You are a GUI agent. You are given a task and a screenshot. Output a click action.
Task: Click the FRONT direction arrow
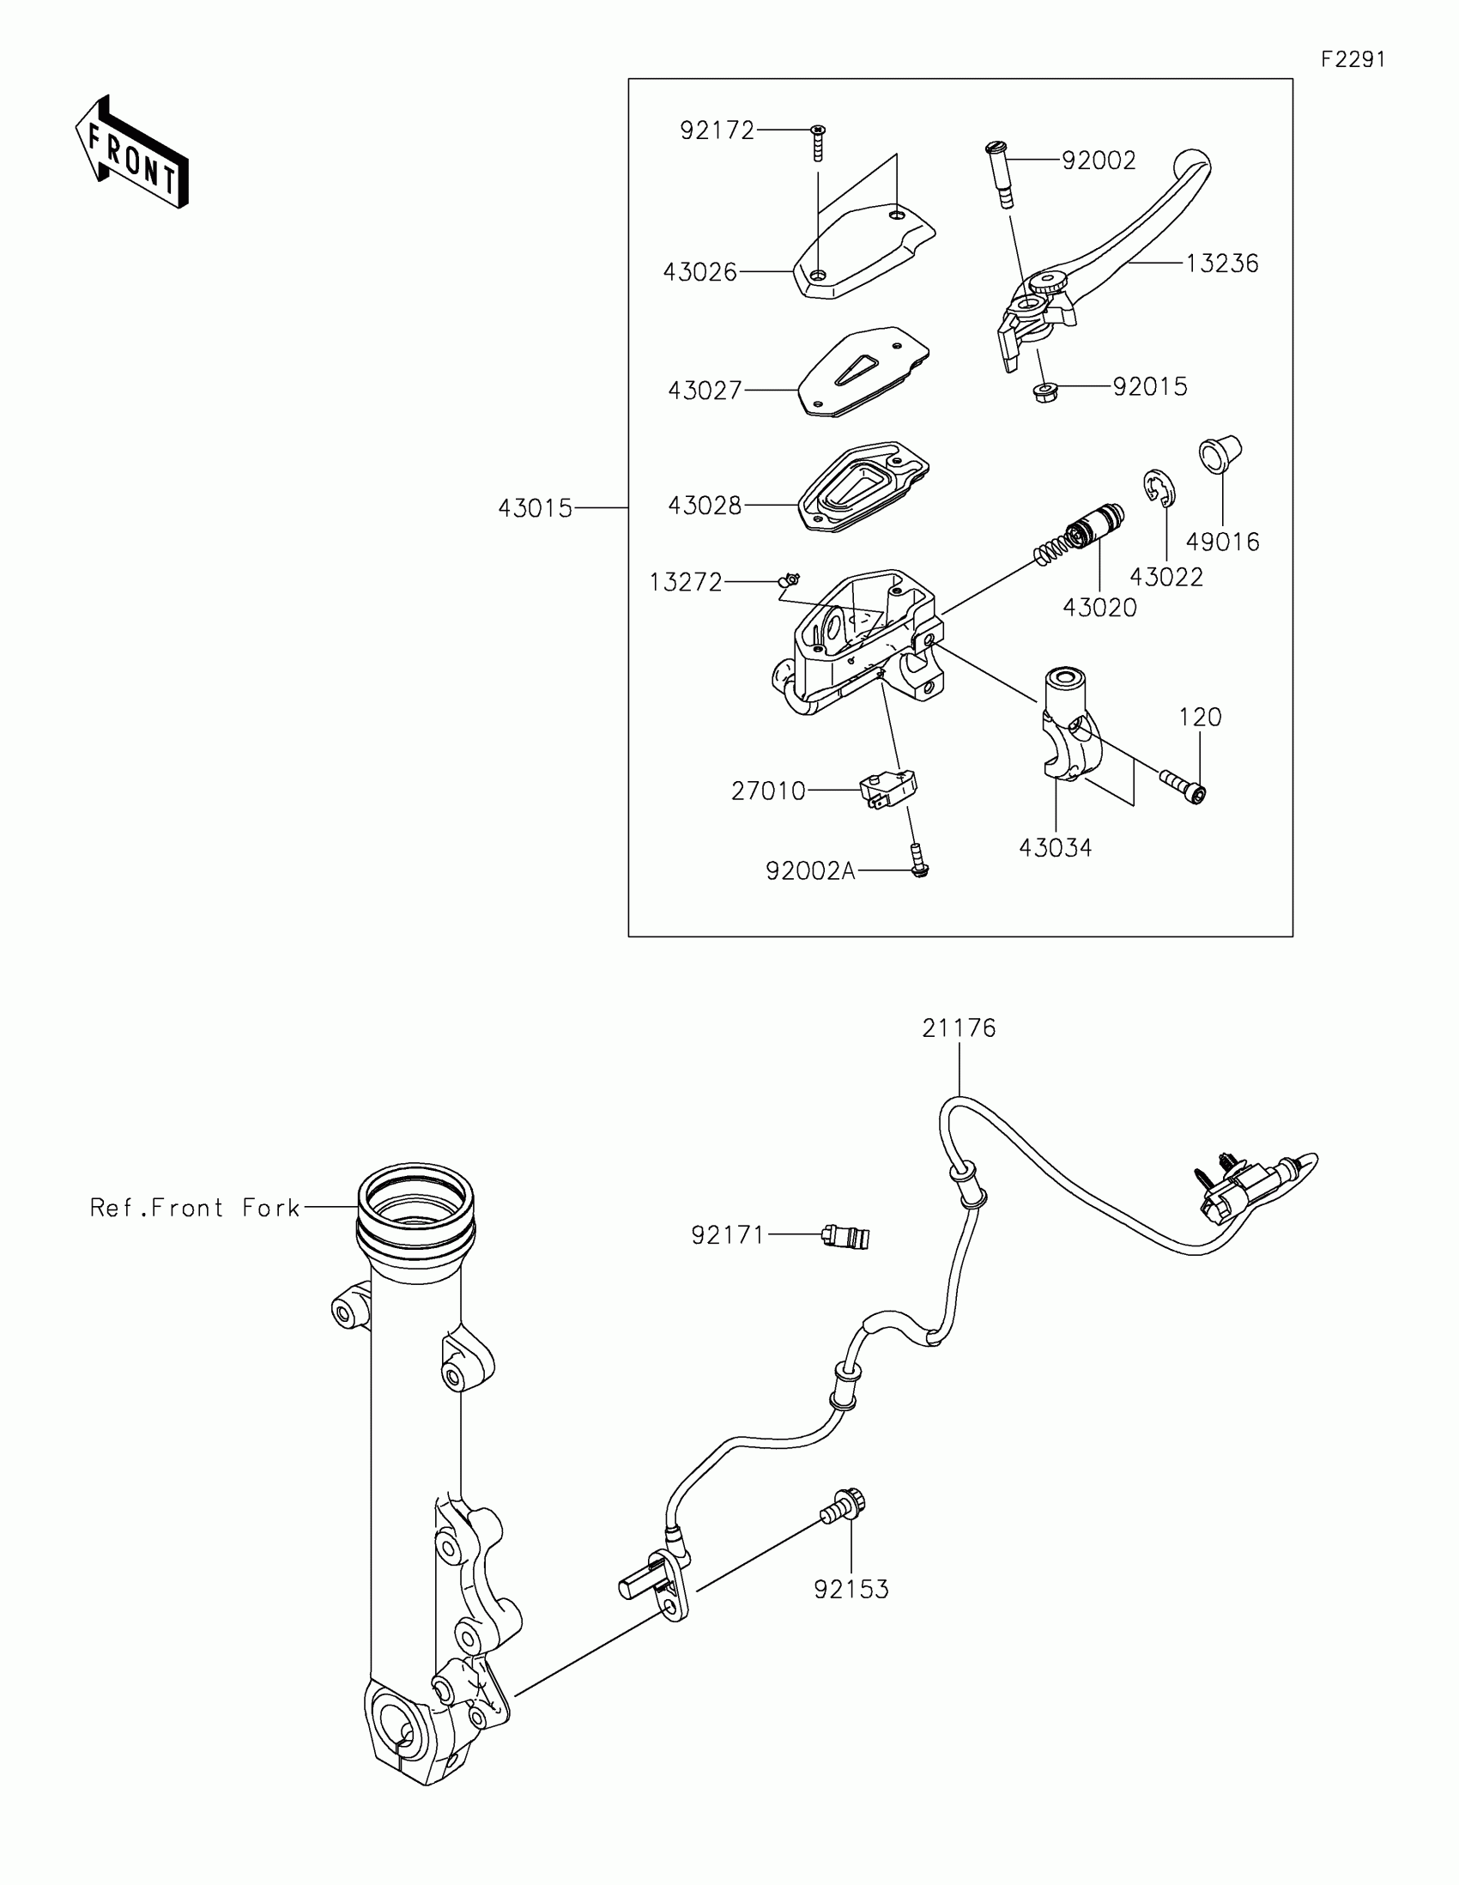point(131,152)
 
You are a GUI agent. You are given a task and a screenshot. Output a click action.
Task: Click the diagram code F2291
point(1353,59)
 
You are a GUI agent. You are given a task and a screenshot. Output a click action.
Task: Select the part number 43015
point(535,508)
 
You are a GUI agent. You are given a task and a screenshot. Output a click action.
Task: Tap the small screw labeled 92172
point(818,143)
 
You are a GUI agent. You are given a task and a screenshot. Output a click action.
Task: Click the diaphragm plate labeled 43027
point(863,371)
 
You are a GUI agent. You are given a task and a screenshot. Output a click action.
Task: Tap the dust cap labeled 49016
point(1219,454)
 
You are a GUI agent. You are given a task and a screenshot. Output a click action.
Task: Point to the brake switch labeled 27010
point(887,788)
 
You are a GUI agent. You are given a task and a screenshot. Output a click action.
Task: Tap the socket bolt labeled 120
point(1181,786)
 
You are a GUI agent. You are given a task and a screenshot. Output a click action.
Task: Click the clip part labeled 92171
point(845,1237)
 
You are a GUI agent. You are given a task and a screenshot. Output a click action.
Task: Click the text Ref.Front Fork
point(195,1207)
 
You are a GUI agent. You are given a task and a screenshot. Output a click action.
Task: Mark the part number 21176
point(959,1028)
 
